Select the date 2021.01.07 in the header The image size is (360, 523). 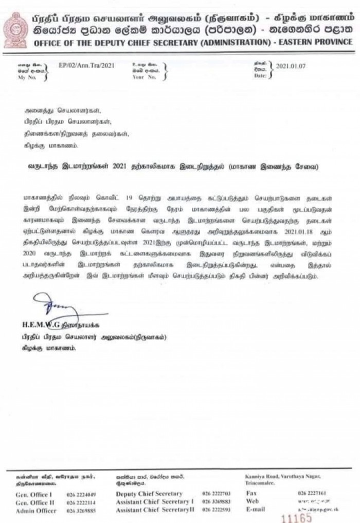point(291,66)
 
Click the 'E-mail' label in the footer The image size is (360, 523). point(256,509)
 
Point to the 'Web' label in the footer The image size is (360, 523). point(253,501)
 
